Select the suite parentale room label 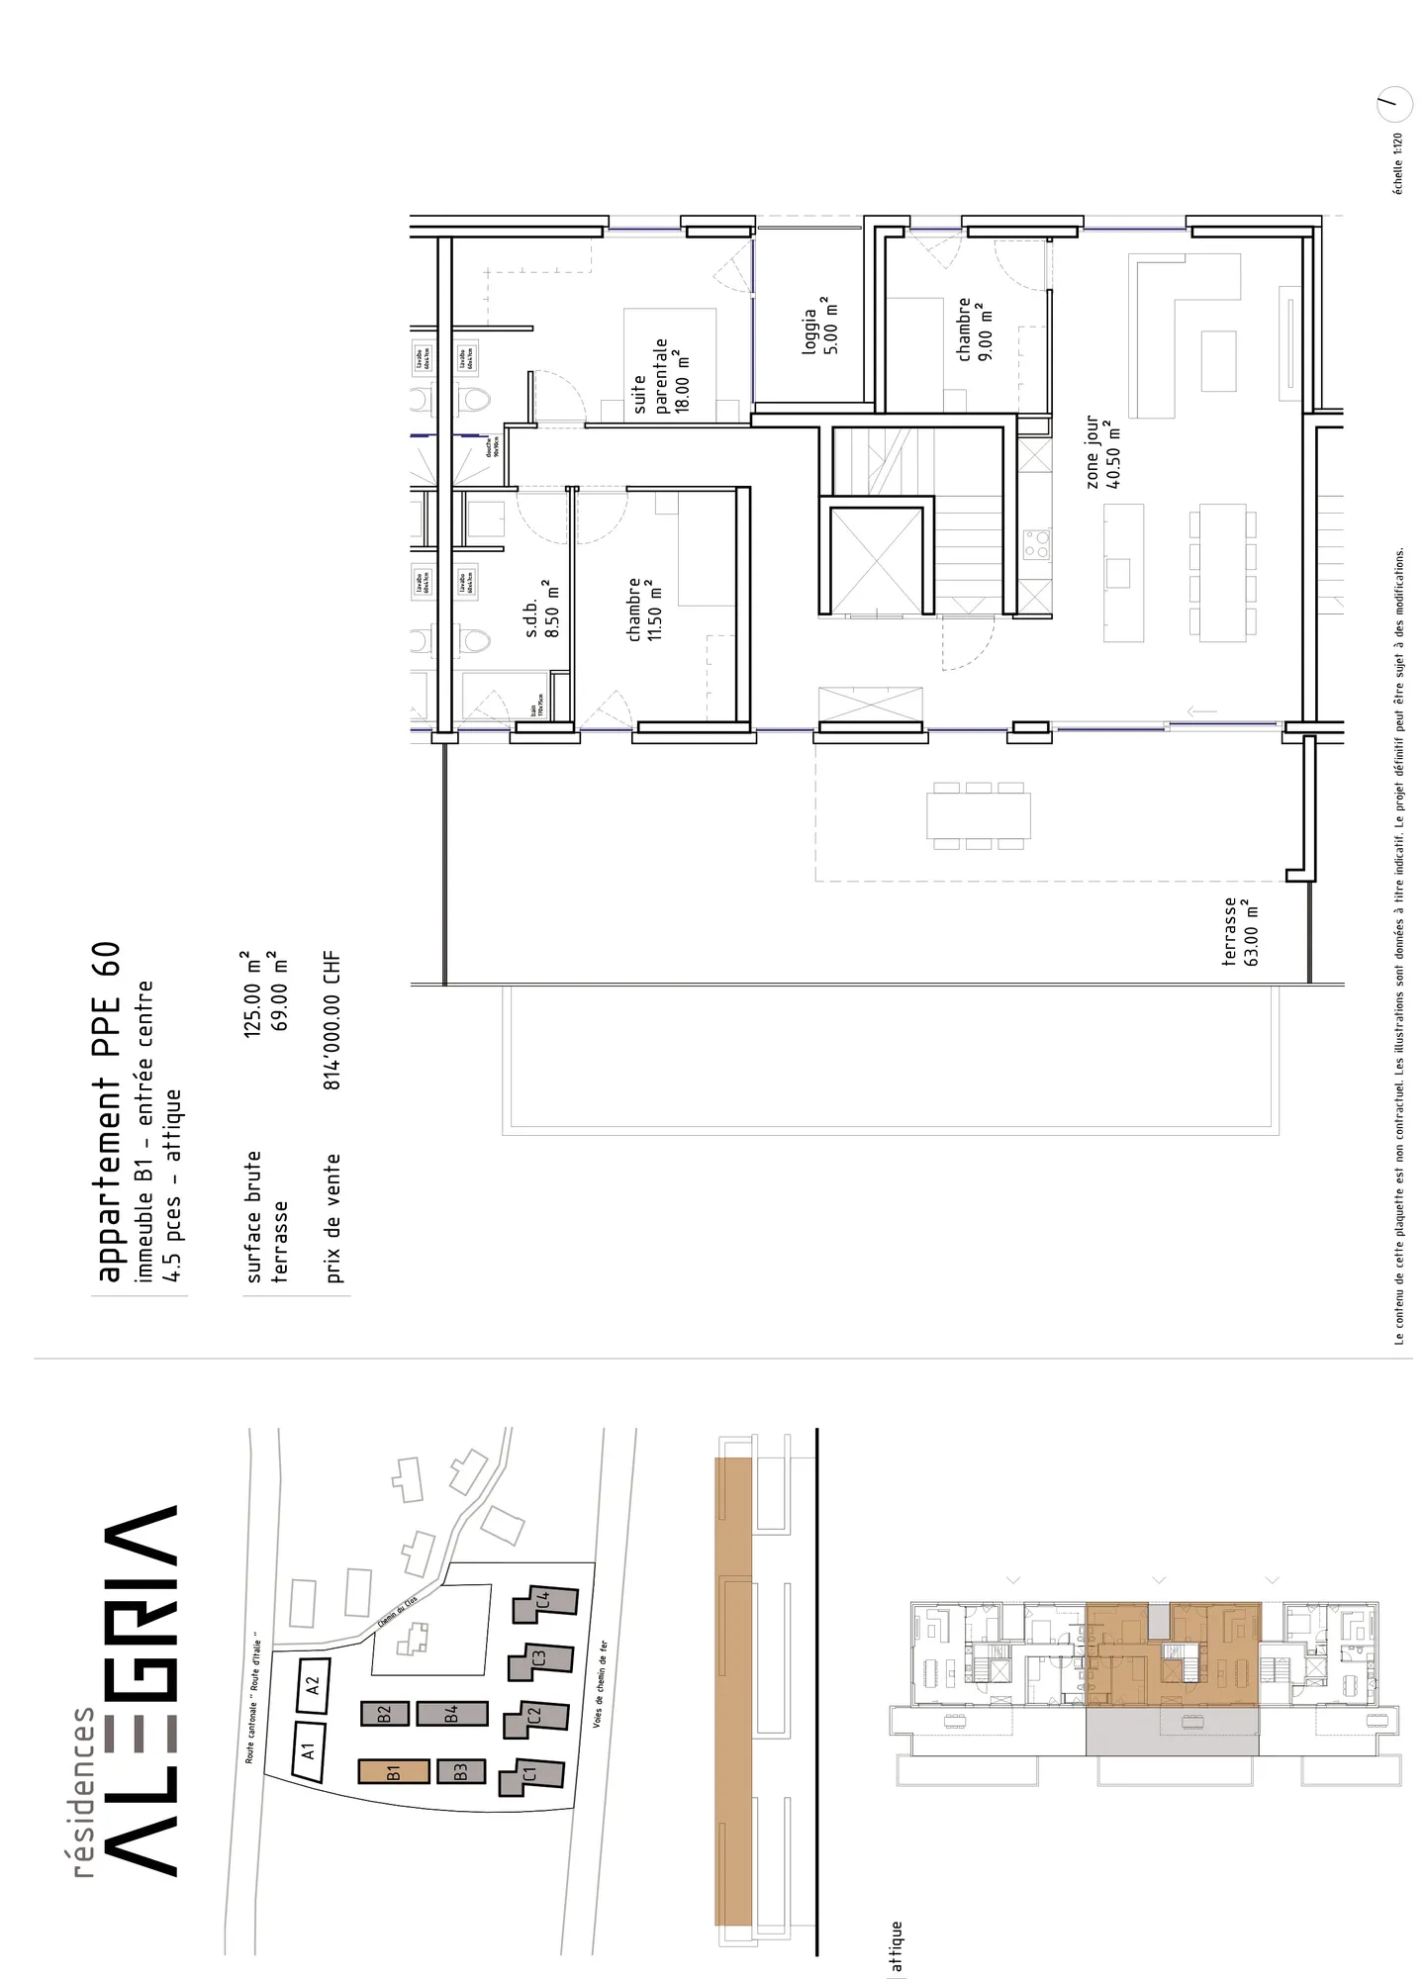(x=661, y=377)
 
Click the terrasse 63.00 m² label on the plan (x=1241, y=931)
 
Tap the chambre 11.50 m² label (x=643, y=610)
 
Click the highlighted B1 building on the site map (x=393, y=1770)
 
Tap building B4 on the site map (x=451, y=1714)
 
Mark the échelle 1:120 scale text (x=1397, y=163)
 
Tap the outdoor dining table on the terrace (x=978, y=816)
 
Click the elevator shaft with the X (x=876, y=560)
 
